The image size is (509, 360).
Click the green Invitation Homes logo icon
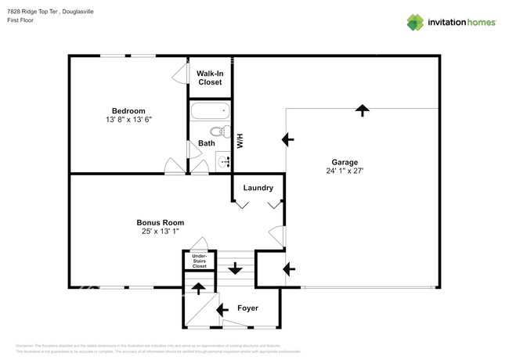pos(416,22)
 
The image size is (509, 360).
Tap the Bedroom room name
pos(128,111)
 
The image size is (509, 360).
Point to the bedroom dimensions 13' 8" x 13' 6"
pos(128,121)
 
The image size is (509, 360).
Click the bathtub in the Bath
pos(209,111)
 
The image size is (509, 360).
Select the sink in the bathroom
pos(223,161)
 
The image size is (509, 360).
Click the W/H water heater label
pos(241,142)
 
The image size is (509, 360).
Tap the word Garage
pos(345,163)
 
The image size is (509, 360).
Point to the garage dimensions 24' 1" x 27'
pos(345,171)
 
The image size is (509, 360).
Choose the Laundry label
pos(258,188)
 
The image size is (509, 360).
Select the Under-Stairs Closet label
pos(199,261)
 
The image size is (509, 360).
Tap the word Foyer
pos(248,308)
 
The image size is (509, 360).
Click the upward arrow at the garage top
pos(362,110)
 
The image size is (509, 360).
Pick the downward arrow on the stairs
pos(235,269)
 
